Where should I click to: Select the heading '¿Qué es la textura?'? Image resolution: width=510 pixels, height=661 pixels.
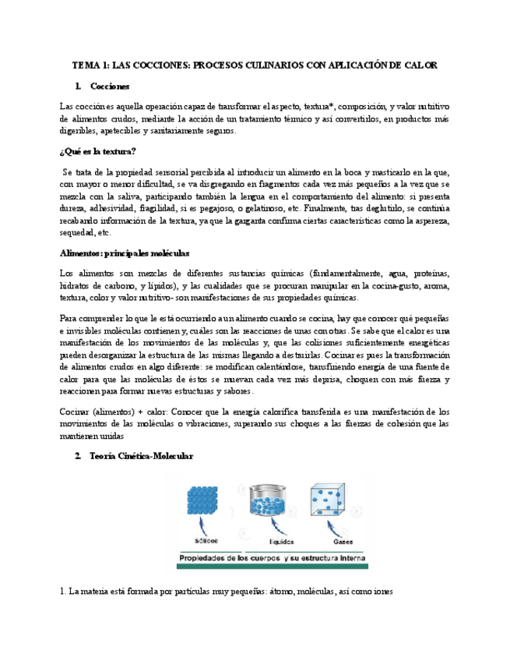[98, 151]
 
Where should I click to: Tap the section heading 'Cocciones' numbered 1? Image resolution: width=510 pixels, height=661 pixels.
[110, 86]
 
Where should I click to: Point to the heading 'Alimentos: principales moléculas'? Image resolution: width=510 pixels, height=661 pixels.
[124, 253]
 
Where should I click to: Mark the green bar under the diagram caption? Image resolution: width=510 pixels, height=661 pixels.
[273, 567]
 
